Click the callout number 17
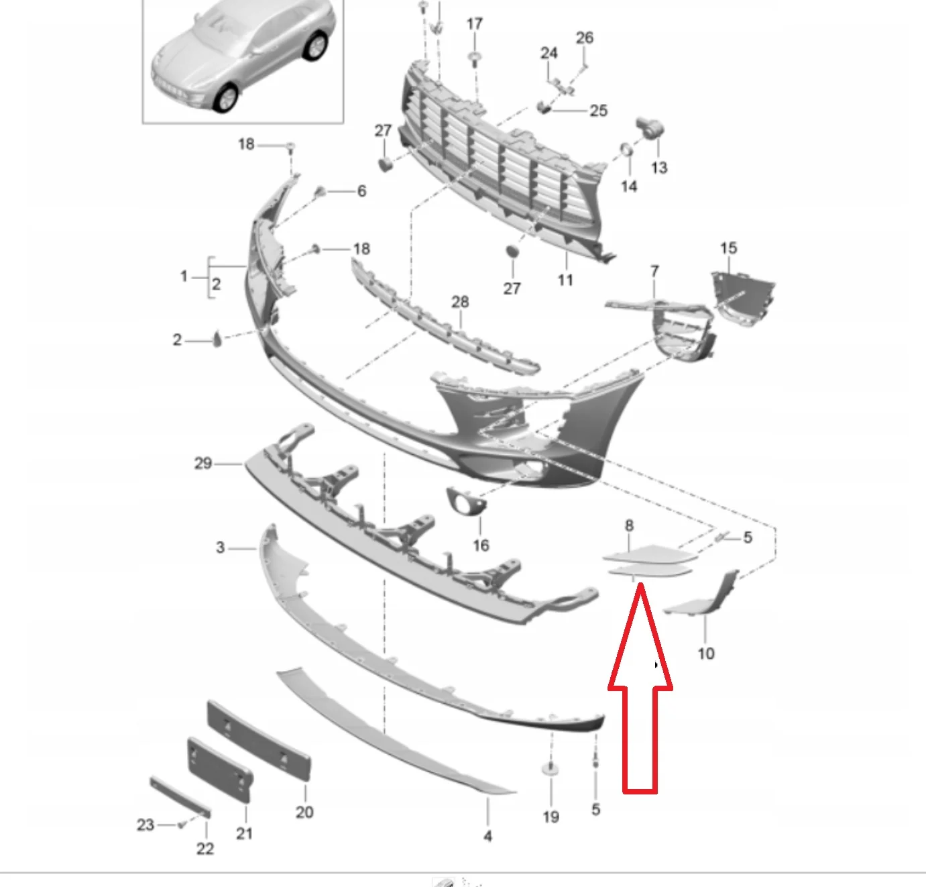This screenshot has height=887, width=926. (x=475, y=23)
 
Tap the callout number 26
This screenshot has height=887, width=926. (x=584, y=38)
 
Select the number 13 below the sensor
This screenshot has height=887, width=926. (x=659, y=168)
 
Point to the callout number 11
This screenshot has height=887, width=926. (x=565, y=280)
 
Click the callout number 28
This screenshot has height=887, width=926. (x=460, y=301)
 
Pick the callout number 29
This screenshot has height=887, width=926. (x=203, y=463)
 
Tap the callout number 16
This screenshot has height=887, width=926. (x=481, y=545)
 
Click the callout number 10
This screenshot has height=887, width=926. (x=706, y=654)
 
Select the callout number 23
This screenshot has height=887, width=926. (x=146, y=825)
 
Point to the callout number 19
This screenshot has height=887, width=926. (x=551, y=817)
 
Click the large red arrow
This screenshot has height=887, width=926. (x=640, y=688)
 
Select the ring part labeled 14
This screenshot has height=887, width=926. (x=626, y=149)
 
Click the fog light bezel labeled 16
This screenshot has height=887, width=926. (x=465, y=501)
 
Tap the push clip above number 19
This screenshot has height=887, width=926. (x=551, y=768)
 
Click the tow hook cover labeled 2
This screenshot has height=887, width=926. (x=217, y=339)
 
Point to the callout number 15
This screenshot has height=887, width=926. (x=728, y=248)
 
